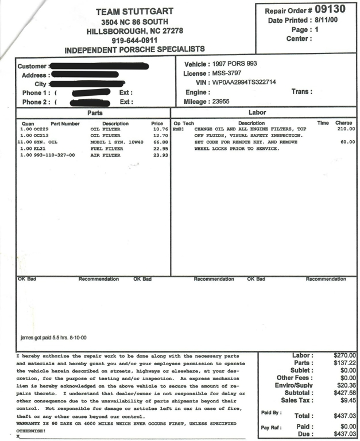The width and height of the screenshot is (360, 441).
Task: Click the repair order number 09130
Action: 331,9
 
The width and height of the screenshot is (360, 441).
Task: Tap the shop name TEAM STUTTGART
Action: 134,11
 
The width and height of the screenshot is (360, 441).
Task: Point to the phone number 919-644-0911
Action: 134,40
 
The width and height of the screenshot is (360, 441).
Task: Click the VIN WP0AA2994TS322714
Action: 244,82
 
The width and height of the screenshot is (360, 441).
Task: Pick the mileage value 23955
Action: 226,101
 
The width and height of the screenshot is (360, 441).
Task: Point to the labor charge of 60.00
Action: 348,142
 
